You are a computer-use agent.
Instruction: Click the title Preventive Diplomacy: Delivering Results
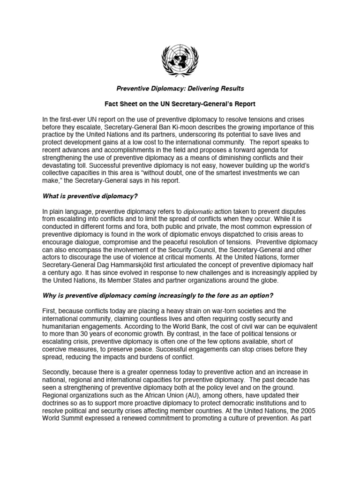tap(180, 89)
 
